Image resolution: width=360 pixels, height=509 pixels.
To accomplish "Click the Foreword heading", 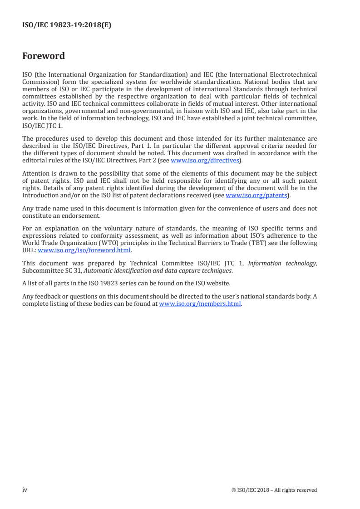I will coord(44,56).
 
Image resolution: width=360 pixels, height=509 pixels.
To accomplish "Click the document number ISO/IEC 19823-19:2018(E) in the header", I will coord(67,25).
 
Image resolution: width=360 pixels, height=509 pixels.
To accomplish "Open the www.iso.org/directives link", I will coord(204,161).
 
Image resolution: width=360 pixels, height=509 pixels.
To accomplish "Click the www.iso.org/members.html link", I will coord(200,304).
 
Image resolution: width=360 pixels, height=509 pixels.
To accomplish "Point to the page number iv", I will coord(25,490).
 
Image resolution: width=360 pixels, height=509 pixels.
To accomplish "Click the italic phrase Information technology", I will coord(286,263).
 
